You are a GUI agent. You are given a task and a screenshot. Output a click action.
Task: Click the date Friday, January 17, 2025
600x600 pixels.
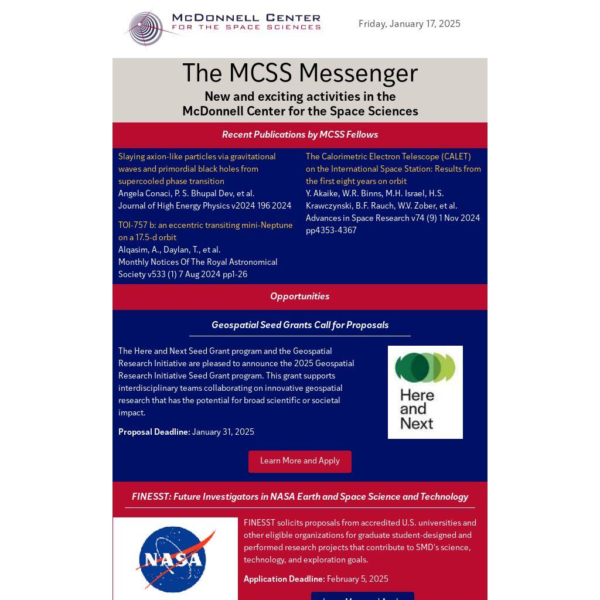409,24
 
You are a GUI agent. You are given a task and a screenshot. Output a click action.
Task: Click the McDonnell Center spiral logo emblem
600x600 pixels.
146,28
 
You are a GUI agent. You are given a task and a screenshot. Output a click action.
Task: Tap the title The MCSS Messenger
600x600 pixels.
299,74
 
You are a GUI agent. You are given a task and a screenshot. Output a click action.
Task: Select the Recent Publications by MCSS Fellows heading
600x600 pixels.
299,135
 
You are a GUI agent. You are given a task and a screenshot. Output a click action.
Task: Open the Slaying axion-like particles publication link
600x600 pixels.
197,169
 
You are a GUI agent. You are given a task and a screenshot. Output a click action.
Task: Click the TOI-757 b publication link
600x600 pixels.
205,231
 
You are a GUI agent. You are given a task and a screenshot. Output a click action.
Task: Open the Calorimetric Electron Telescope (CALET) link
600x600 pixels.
393,169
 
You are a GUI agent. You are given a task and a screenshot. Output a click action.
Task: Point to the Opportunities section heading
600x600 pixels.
299,296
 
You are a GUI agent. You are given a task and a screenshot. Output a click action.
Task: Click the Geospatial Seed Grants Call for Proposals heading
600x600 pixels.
299,325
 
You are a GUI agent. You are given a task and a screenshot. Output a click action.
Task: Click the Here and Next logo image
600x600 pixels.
425,392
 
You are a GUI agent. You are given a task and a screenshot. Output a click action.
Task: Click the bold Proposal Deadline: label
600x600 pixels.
154,432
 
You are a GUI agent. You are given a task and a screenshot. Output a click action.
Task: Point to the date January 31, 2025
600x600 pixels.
223,432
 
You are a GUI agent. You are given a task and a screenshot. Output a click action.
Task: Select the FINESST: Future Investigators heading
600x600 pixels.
299,497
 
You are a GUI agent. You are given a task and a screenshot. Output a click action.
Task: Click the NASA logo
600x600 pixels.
175,559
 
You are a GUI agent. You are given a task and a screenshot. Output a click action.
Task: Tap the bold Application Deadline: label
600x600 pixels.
284,579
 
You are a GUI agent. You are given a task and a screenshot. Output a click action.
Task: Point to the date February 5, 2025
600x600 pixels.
357,579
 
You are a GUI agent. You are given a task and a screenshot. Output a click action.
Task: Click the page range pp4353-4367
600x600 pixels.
331,230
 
